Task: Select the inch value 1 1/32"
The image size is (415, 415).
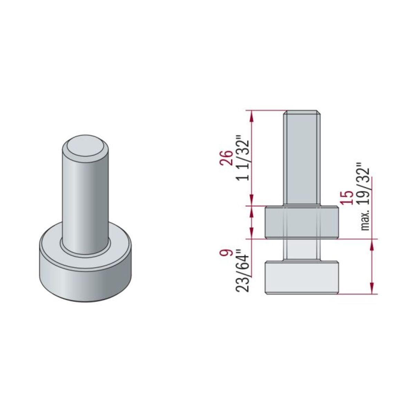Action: pyautogui.click(x=243, y=160)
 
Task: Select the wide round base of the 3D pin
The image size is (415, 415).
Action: pyautogui.click(x=85, y=273)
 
